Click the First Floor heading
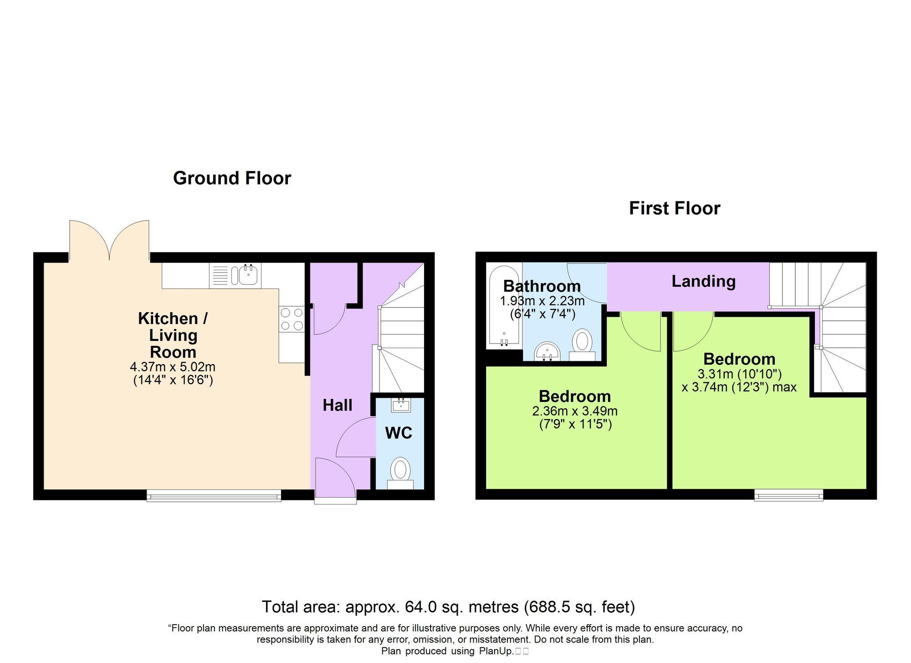click(675, 209)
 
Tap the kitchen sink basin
click(247, 275)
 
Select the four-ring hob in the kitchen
click(292, 319)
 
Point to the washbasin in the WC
click(401, 405)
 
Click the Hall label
click(338, 405)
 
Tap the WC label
click(399, 433)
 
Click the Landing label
click(704, 282)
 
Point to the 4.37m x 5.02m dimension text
click(173, 367)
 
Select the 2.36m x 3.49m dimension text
click(575, 411)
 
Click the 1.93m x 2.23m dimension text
click(542, 301)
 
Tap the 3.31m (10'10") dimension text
click(740, 374)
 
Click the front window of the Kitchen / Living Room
click(214, 496)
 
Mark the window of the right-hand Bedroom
click(788, 495)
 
